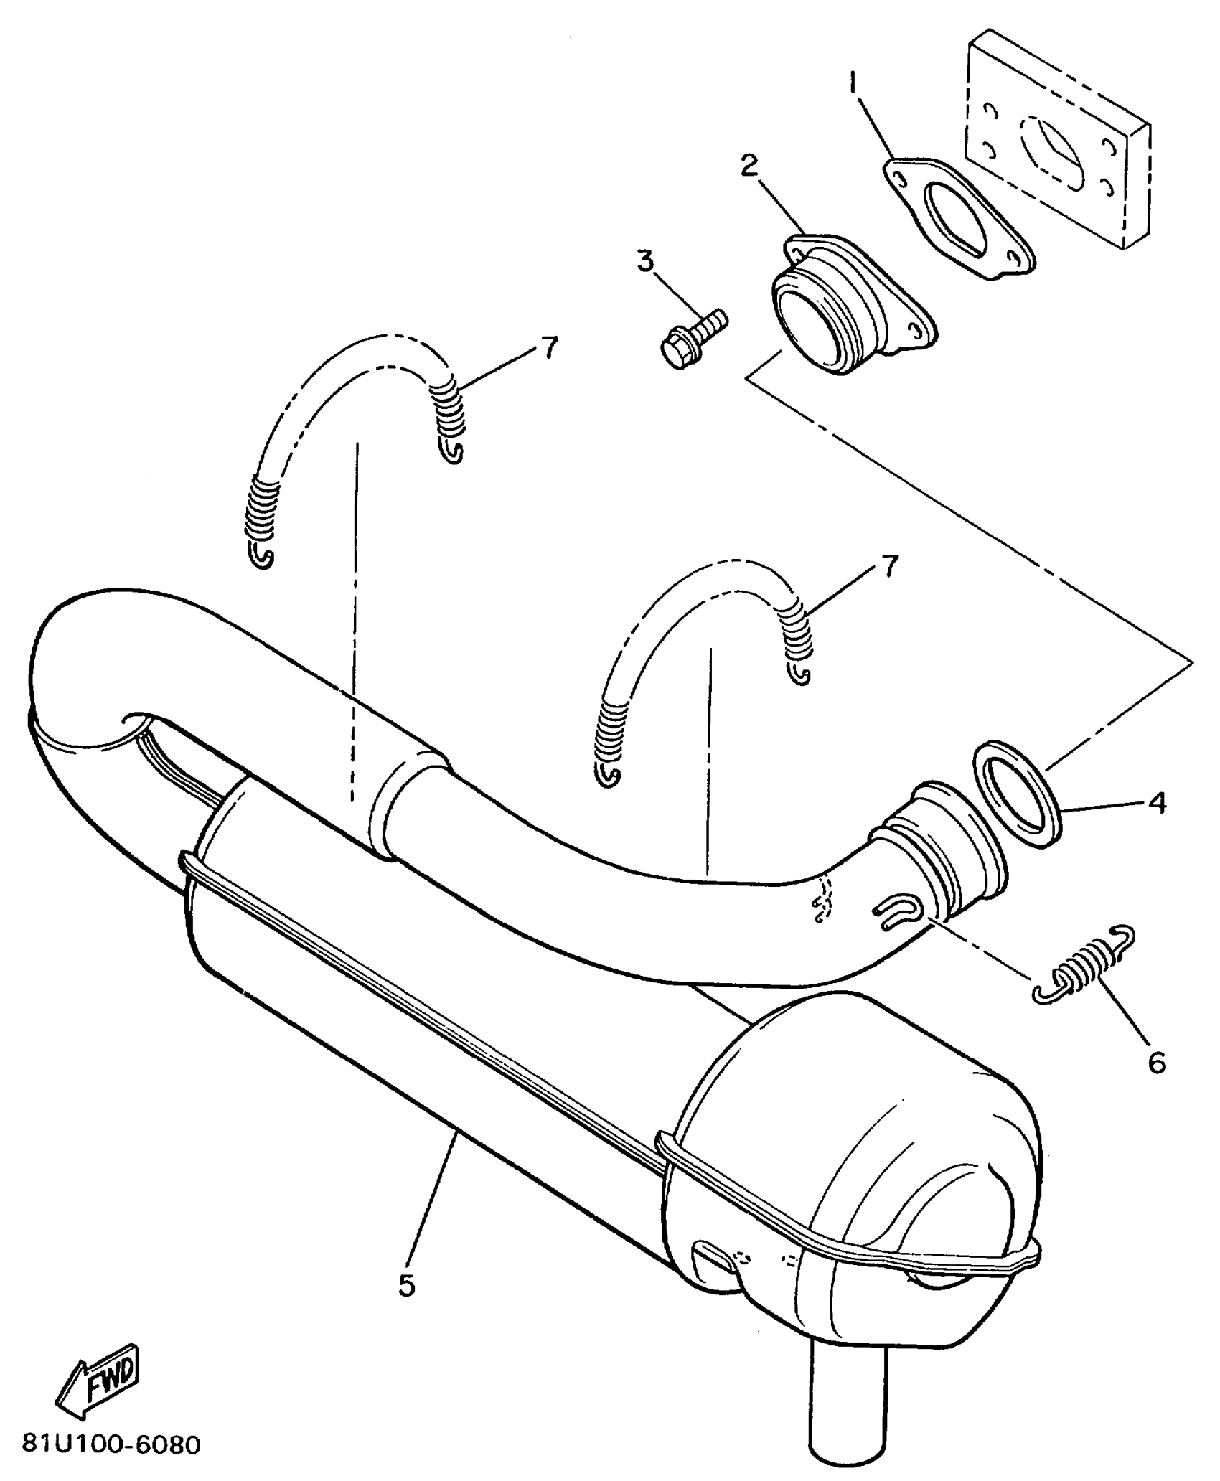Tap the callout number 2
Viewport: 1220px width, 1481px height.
tap(749, 166)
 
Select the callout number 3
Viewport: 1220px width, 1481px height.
tap(646, 261)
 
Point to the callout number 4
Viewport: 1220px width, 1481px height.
tap(1157, 804)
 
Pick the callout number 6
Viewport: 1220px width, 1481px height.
tap(1157, 1063)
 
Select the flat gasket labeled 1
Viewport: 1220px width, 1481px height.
tap(958, 219)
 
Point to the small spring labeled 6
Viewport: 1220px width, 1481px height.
tap(1084, 965)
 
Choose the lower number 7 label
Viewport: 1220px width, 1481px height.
tap(888, 567)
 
